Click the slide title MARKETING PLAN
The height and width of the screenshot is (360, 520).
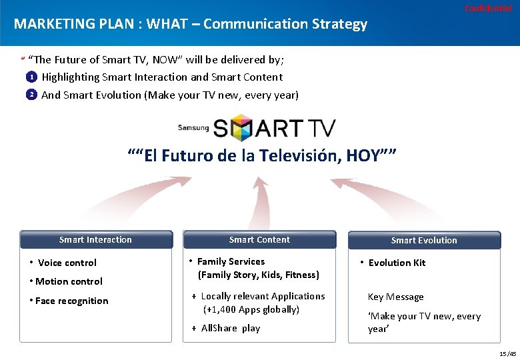point(190,24)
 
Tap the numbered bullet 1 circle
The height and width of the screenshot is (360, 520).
point(31,77)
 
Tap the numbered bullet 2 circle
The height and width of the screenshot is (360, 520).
point(31,95)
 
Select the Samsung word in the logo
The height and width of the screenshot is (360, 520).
point(193,127)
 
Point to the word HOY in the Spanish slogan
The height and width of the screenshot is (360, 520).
point(363,156)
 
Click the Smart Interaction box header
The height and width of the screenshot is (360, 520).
point(96,240)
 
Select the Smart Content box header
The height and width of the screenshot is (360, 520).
point(259,240)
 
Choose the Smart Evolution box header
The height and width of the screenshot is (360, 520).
point(424,241)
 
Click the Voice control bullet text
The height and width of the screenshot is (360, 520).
point(67,263)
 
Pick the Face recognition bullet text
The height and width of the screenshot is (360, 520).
point(71,301)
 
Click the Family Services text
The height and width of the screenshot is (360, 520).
point(231,262)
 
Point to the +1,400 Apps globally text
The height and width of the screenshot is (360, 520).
point(251,309)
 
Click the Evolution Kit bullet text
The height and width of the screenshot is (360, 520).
point(397,263)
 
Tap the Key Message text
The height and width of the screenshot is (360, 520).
point(395,297)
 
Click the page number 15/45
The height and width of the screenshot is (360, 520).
point(507,353)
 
